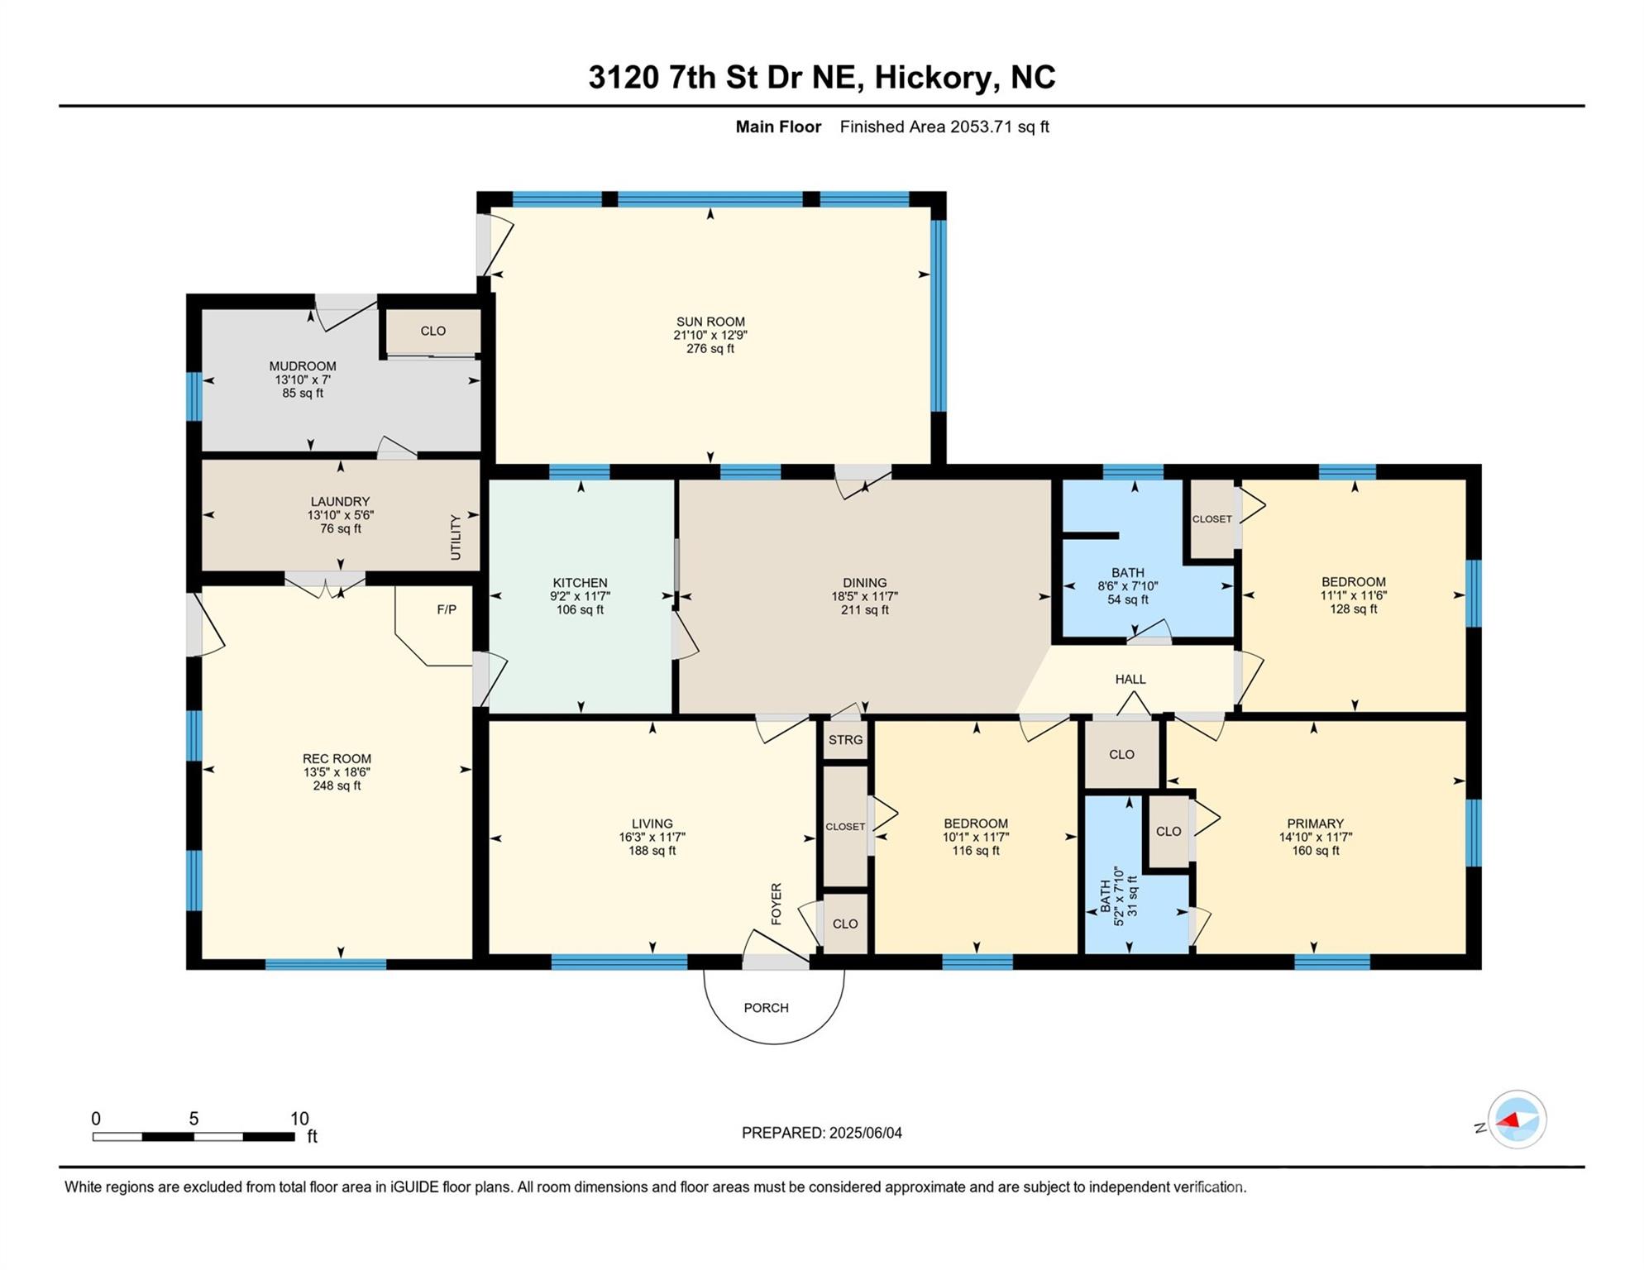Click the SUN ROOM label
710,322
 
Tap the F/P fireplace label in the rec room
447,609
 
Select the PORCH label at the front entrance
767,1008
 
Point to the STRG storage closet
845,740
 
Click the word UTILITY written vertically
456,537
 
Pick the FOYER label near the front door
777,904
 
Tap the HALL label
1130,679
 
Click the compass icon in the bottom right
1517,1120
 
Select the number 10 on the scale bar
299,1119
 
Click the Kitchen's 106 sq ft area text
581,610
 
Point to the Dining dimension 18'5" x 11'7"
865,596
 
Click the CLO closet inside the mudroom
433,331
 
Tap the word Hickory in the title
934,77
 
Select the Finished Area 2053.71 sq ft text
944,127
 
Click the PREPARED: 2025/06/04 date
822,1133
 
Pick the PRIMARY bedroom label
1315,824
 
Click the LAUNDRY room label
340,501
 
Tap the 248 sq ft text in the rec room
337,785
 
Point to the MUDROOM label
303,366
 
